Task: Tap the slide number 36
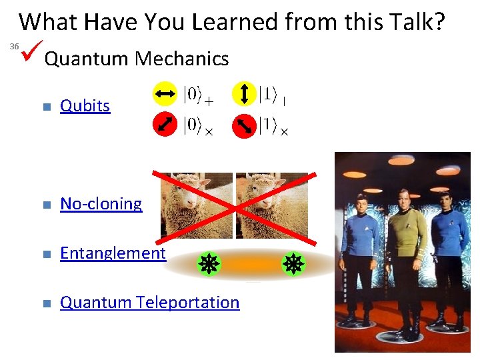point(13,47)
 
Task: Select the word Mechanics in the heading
point(181,59)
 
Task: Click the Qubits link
point(85,106)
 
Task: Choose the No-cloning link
point(101,204)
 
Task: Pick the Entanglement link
point(113,253)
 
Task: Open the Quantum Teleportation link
point(149,303)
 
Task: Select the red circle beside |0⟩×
point(164,125)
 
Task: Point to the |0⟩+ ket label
point(198,96)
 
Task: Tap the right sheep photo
point(271,205)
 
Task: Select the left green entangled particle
point(209,265)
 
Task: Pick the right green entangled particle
point(292,265)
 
